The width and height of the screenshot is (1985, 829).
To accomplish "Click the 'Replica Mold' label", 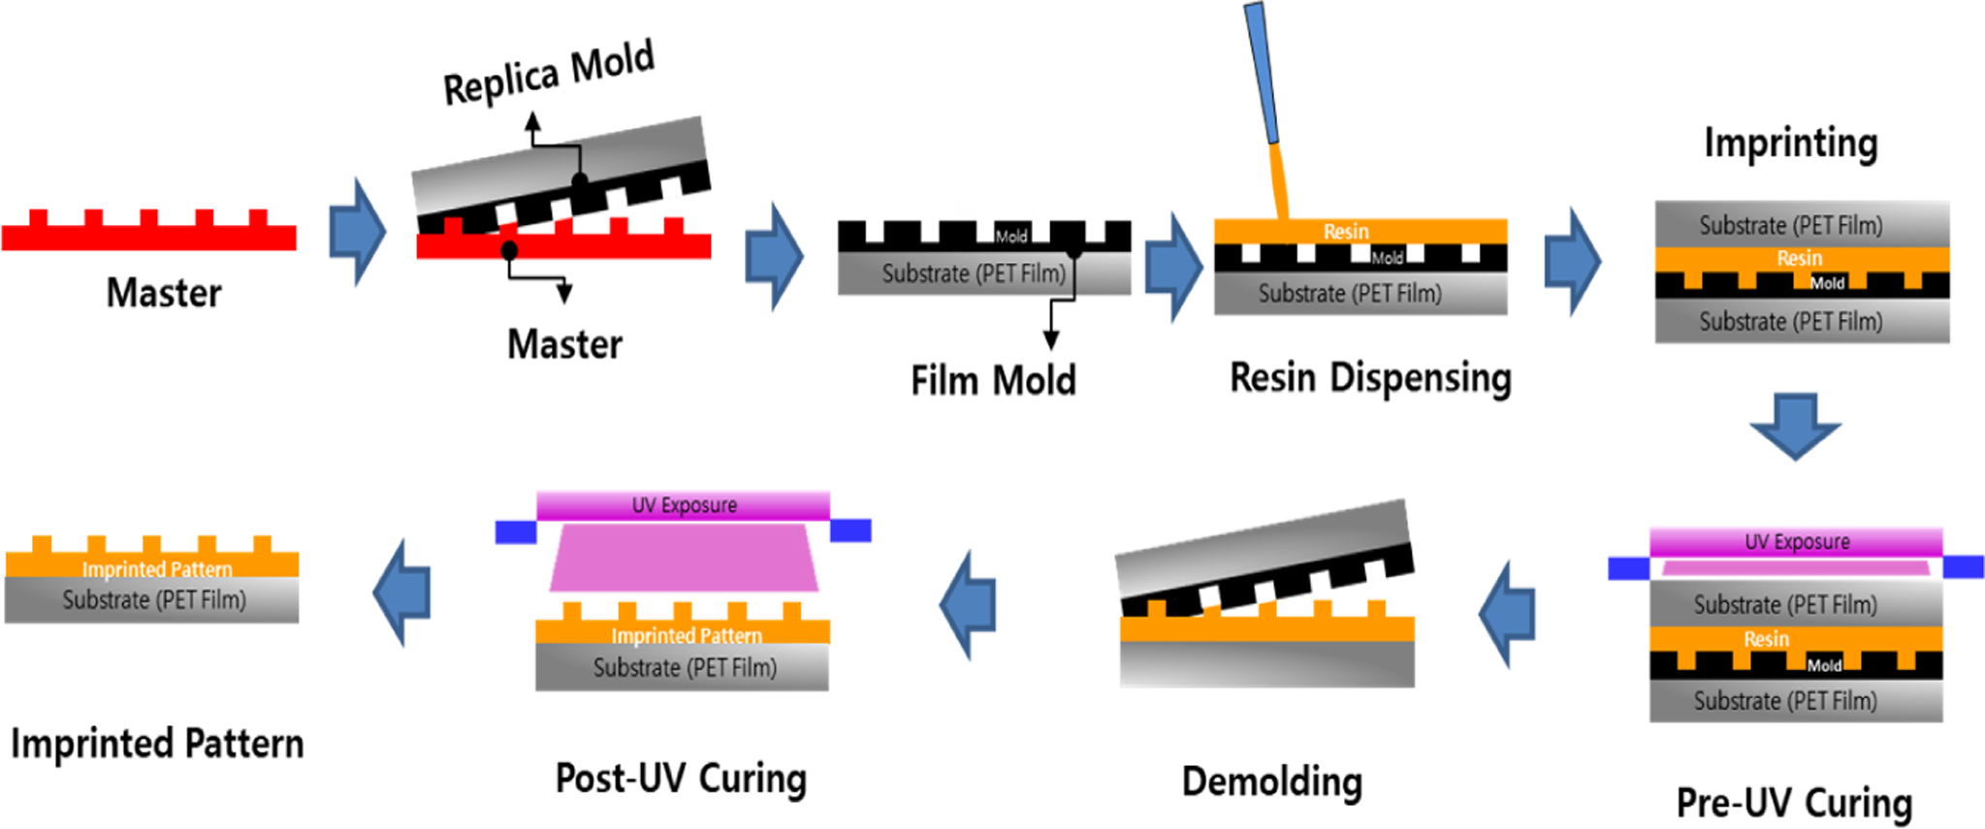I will (549, 73).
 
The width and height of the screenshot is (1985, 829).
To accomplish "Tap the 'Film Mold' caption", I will (993, 380).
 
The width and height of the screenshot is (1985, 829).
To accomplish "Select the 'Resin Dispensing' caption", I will (1370, 377).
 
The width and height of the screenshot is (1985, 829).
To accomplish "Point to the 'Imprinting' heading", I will (1791, 143).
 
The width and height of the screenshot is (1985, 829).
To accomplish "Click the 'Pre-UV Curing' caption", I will (1794, 803).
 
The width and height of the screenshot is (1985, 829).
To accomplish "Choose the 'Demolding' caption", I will (1271, 781).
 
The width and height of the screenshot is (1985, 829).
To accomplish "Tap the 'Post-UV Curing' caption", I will (681, 778).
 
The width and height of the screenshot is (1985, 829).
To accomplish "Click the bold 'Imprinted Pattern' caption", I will (157, 744).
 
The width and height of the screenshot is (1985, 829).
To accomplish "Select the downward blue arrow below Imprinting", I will (1795, 425).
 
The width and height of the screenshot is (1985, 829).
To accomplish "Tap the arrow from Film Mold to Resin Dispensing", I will (1173, 267).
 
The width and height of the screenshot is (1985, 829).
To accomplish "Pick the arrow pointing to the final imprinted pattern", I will (402, 591).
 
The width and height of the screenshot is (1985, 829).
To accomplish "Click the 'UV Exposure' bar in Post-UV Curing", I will (684, 505).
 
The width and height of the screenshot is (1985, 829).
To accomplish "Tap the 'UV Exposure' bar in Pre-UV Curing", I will (1796, 542).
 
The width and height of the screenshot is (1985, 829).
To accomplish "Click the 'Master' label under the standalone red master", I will (164, 293).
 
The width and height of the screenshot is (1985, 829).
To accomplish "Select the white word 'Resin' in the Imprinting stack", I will (1799, 259).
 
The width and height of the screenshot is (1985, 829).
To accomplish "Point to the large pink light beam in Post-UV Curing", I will (684, 558).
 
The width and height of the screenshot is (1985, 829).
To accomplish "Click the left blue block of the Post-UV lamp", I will (516, 531).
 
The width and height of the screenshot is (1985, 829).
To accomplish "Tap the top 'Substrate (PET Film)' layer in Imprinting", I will (1791, 225).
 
